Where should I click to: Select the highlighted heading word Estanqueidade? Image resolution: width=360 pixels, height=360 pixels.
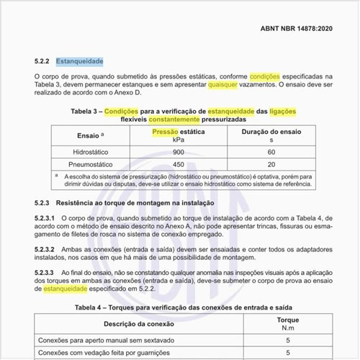pyautogui.click(x=80, y=61)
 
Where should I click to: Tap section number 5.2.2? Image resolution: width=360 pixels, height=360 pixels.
pyautogui.click(x=45, y=61)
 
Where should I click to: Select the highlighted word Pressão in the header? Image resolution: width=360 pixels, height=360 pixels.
pyautogui.click(x=166, y=131)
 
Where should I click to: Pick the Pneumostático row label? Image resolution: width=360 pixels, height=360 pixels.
pyautogui.click(x=90, y=166)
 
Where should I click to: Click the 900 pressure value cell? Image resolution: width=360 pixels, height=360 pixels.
pyautogui.click(x=179, y=153)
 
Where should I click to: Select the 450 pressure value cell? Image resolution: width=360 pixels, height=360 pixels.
pyautogui.click(x=179, y=166)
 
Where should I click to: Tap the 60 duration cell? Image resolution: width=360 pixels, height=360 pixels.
pyautogui.click(x=271, y=153)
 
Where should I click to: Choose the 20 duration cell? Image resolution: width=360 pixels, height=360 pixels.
pyautogui.click(x=271, y=166)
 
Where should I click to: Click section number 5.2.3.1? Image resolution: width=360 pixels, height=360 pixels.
pyautogui.click(x=47, y=217)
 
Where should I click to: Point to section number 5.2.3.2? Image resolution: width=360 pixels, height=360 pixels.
pyautogui.click(x=47, y=249)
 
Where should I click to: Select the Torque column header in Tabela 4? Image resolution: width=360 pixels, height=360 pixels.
pyautogui.click(x=287, y=321)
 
